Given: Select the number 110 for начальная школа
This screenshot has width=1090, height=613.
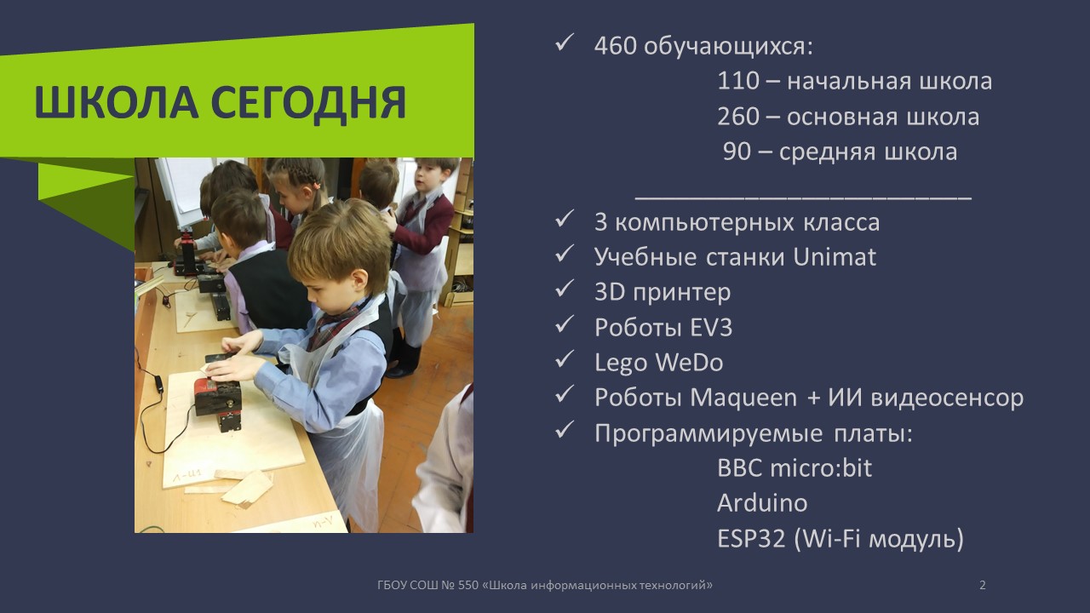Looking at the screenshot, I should coord(737,82).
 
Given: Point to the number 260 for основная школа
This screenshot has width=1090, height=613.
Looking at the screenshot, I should coord(737,117).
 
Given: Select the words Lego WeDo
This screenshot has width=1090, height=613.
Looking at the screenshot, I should coord(658,363).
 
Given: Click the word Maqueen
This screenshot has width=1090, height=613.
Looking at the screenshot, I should coord(743,398).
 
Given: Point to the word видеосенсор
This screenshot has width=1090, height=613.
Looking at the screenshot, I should coord(944,398).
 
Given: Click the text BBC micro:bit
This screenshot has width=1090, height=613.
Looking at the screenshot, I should coord(794,468).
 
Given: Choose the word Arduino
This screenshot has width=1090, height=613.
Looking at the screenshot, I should coord(761,503).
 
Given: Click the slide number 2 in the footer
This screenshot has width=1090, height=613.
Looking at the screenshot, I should coord(983,585).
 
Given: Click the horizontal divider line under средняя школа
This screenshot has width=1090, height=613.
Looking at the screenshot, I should coord(803,198).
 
